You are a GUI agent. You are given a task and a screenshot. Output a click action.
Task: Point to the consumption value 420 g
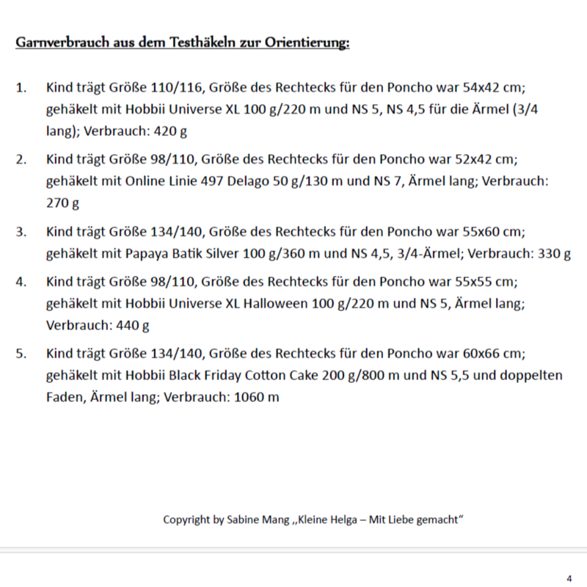click(175, 131)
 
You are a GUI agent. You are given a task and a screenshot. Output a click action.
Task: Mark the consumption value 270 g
click(62, 203)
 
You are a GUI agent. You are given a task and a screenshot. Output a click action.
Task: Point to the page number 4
click(569, 577)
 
